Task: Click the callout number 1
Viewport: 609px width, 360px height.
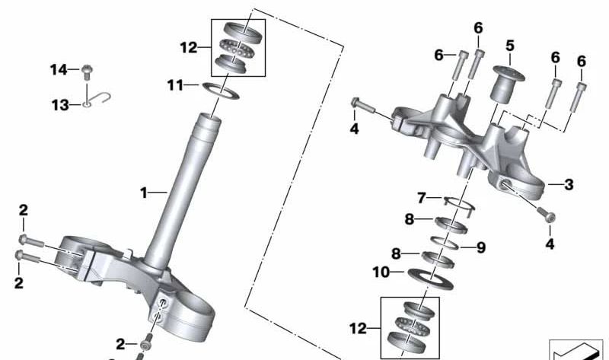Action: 143,193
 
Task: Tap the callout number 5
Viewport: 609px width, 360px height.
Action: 509,46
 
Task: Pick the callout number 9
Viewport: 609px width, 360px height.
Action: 480,247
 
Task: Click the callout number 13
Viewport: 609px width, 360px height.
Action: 60,105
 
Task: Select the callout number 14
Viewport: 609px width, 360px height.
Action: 59,70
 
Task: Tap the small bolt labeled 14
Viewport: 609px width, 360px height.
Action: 87,71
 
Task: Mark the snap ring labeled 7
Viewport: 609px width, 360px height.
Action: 458,202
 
